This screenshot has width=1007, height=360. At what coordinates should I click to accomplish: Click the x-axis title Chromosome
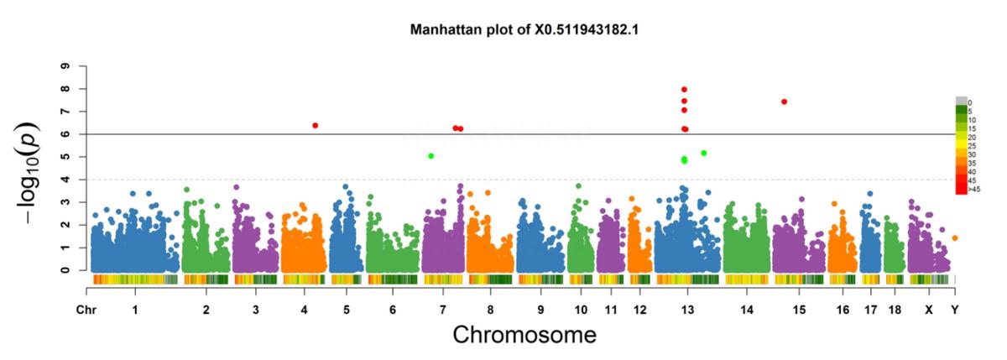click(x=524, y=335)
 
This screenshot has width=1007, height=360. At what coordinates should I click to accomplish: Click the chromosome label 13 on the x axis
click(x=686, y=310)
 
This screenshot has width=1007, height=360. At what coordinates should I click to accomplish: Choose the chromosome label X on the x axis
click(x=929, y=310)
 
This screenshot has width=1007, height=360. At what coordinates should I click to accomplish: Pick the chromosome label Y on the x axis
click(x=955, y=310)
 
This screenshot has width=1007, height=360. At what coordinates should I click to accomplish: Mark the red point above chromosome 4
click(x=315, y=125)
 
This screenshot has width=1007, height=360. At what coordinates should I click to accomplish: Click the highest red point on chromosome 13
click(x=685, y=89)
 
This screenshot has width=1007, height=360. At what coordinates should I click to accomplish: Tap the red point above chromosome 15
click(x=784, y=102)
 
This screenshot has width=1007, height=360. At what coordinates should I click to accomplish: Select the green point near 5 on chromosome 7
click(x=430, y=156)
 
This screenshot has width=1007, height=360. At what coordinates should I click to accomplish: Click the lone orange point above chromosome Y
click(x=955, y=238)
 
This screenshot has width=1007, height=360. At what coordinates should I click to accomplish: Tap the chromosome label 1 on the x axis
click(x=135, y=310)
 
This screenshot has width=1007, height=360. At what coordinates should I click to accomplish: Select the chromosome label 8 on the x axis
click(x=490, y=310)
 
